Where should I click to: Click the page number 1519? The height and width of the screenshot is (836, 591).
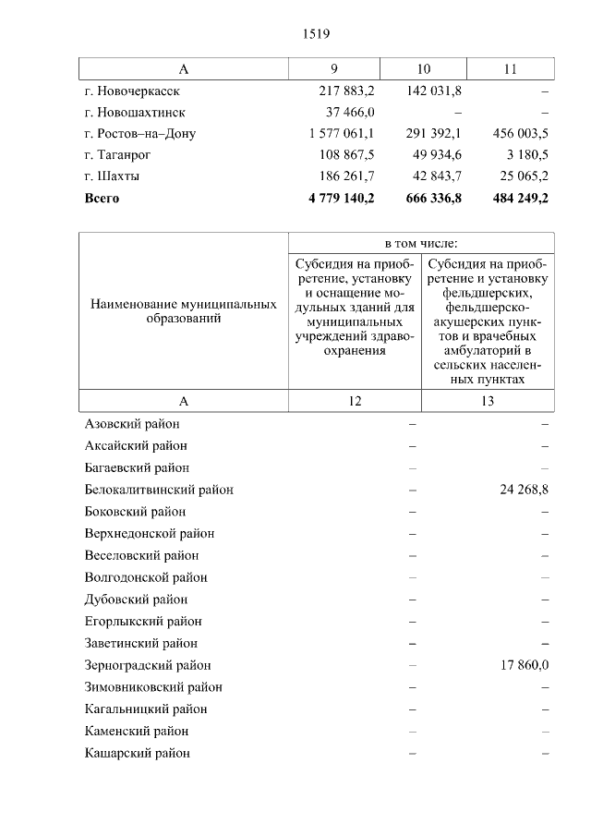[316, 34]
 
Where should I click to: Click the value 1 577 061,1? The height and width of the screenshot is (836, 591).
[342, 133]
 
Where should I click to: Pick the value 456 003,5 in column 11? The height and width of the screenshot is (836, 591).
[518, 133]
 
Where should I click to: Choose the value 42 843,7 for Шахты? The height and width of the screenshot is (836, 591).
[434, 176]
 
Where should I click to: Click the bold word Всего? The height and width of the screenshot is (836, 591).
[102, 198]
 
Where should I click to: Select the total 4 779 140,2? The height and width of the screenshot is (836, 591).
[342, 198]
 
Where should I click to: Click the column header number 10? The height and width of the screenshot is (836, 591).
[424, 68]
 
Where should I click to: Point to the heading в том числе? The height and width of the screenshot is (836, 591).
[421, 243]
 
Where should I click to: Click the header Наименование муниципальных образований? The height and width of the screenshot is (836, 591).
[184, 310]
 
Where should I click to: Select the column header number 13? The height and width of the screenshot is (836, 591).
[488, 401]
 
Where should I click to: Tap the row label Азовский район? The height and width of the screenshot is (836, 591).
[132, 424]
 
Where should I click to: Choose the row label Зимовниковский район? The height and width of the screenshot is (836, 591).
[153, 687]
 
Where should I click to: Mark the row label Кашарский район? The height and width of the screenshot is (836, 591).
[137, 753]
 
